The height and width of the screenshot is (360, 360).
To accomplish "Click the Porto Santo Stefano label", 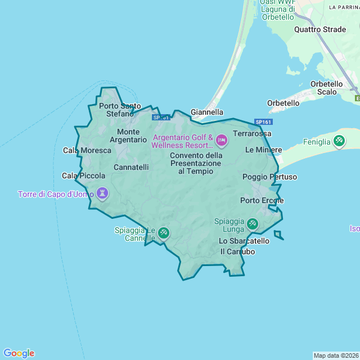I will [120, 110].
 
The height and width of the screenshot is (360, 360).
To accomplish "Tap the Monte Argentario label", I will [128, 136].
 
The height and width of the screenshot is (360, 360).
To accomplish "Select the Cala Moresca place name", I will [87, 150].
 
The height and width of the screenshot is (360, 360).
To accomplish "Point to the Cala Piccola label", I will [83, 176].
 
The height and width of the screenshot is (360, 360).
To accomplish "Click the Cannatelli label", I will [131, 167].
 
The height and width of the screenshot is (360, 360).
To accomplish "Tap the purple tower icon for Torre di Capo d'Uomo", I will [102, 193].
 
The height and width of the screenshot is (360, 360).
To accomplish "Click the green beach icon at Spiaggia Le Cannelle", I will [163, 232].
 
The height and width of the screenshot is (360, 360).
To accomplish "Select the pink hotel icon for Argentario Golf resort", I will [221, 139].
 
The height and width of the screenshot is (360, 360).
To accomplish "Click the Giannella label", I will [207, 112].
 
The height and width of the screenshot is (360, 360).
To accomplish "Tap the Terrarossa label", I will [252, 133].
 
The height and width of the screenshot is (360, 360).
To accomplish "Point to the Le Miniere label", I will [263, 150].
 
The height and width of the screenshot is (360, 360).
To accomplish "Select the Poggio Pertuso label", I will [269, 177].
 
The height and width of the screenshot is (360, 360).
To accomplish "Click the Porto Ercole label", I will [262, 200].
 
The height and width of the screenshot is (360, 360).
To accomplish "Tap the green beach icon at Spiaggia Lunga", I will [253, 223].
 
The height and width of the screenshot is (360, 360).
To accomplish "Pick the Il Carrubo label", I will [237, 251].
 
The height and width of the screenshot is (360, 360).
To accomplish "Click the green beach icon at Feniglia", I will [339, 141].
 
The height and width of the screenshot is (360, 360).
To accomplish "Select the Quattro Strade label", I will [320, 29].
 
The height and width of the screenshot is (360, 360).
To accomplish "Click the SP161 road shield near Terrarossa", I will [263, 122].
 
